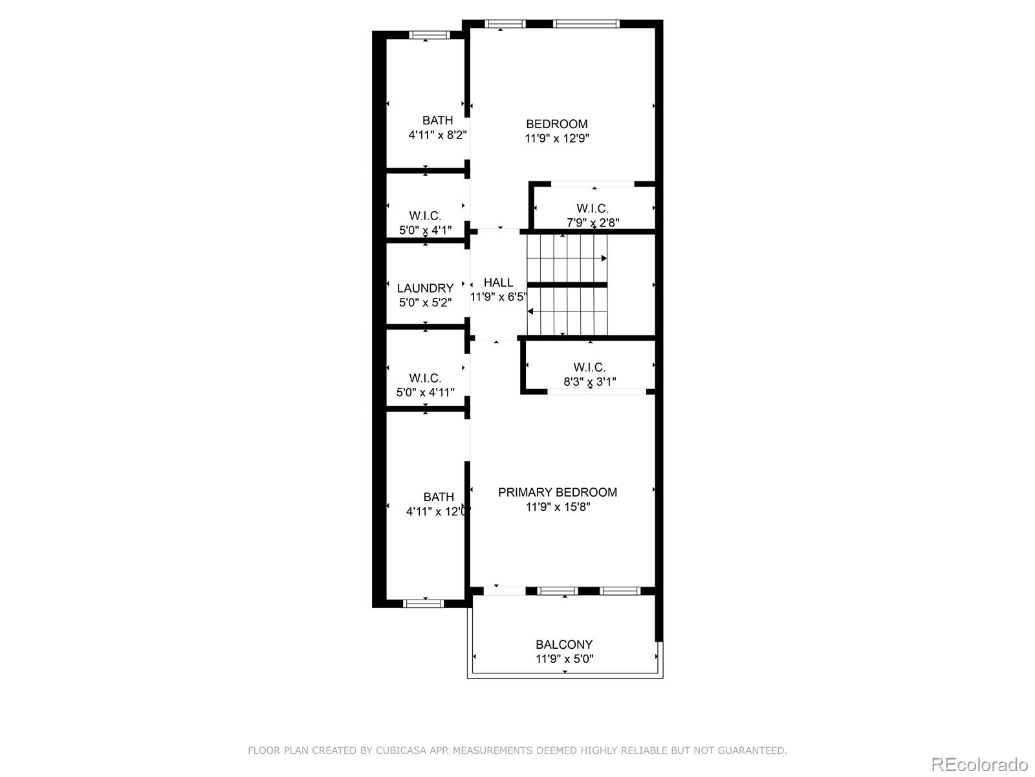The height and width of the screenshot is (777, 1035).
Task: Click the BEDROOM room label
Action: click(x=556, y=124)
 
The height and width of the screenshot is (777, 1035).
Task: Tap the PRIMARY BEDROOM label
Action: click(x=557, y=492)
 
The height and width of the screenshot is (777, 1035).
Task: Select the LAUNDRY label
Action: click(x=425, y=288)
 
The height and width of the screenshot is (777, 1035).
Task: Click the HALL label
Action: click(x=498, y=282)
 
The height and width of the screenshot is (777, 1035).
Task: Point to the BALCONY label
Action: click(x=563, y=644)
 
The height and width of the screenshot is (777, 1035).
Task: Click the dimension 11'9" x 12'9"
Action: click(x=556, y=139)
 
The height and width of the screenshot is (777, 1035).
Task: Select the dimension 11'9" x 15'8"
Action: click(x=557, y=507)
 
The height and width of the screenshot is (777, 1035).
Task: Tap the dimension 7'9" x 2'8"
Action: click(x=593, y=223)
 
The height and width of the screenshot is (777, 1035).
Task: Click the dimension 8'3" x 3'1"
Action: click(x=589, y=382)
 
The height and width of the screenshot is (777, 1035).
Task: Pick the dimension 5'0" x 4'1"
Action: click(x=425, y=230)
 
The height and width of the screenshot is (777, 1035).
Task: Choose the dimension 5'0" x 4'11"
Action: click(x=425, y=392)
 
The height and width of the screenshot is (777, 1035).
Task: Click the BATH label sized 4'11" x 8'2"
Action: click(x=437, y=120)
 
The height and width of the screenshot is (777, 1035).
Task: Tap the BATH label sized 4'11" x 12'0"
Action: click(x=438, y=497)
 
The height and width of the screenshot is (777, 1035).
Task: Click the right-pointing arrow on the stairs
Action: click(x=604, y=258)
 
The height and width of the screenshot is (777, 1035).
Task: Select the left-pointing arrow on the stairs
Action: click(x=530, y=311)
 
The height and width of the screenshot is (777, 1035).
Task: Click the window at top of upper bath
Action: click(x=430, y=35)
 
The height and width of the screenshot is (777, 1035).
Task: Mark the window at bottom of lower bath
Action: click(x=423, y=603)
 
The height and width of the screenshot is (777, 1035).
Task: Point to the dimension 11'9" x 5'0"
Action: click(x=563, y=659)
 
